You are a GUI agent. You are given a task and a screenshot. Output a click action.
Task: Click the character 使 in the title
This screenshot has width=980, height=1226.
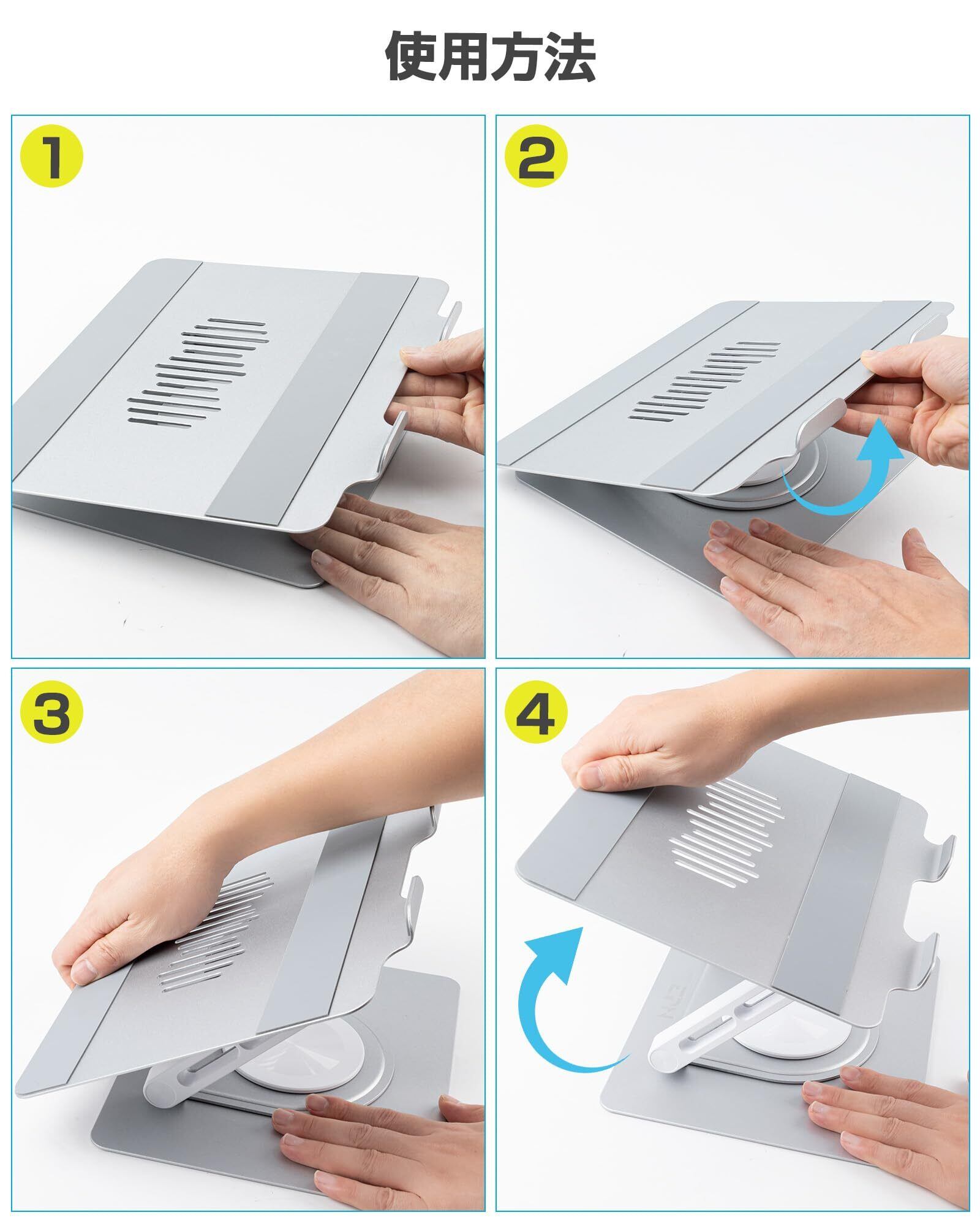tap(411, 57)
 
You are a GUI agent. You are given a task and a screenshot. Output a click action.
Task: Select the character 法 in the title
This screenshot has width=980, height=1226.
tap(569, 57)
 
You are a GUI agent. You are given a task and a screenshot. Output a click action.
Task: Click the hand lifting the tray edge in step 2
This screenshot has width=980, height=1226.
tap(913, 392)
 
